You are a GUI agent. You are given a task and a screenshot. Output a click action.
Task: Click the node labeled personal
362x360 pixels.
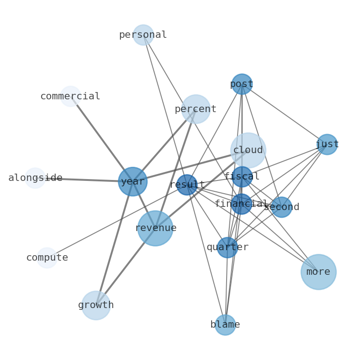[x=143, y=35]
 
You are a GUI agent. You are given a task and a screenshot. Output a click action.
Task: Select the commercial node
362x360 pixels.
[x=71, y=96]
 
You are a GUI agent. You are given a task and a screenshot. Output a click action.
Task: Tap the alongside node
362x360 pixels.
[x=35, y=178]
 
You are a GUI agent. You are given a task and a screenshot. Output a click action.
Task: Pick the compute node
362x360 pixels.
[x=47, y=258]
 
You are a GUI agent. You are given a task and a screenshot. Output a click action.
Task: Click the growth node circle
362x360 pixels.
[x=96, y=305]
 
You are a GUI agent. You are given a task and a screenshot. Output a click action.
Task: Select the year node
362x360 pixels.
[x=133, y=181]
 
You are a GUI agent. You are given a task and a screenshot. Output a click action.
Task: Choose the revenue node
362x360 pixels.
[x=155, y=228]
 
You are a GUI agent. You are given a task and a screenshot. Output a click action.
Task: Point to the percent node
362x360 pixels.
[x=196, y=109]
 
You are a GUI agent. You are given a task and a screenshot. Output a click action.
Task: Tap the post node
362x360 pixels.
[x=242, y=84]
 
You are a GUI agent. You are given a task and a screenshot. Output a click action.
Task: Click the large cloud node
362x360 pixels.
[x=248, y=150]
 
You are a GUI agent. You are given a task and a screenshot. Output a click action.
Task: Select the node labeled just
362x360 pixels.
[x=327, y=144]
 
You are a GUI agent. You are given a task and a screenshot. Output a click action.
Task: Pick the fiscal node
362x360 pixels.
[x=242, y=177]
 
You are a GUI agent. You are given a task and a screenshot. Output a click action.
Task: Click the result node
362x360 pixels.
[x=187, y=185]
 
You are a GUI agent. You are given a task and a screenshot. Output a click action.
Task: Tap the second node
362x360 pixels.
[x=281, y=207]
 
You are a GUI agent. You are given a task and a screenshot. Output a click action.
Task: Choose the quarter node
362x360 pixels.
[x=227, y=247]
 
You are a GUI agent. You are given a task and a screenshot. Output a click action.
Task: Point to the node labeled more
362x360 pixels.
[x=318, y=272]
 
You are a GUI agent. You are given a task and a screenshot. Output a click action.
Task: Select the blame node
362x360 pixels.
[x=225, y=325]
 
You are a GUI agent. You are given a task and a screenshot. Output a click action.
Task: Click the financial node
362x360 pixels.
[x=242, y=204]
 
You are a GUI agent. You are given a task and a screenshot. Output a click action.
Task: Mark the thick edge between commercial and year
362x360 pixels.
[x=101, y=138]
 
